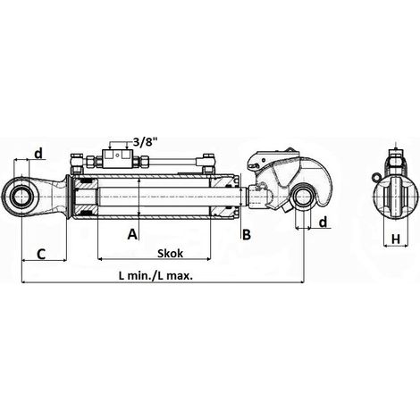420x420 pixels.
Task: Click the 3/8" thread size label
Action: (145, 142)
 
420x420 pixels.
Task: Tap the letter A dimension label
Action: (132, 234)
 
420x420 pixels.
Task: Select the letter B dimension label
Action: (247, 235)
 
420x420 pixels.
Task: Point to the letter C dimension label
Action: (41, 254)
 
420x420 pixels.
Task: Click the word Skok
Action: (170, 254)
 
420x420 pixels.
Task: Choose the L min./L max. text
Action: (155, 275)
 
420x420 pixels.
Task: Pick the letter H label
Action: (396, 239)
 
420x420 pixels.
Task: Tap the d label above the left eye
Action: (38, 154)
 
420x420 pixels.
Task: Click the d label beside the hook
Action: (323, 222)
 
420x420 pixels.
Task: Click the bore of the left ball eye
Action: (22, 197)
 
